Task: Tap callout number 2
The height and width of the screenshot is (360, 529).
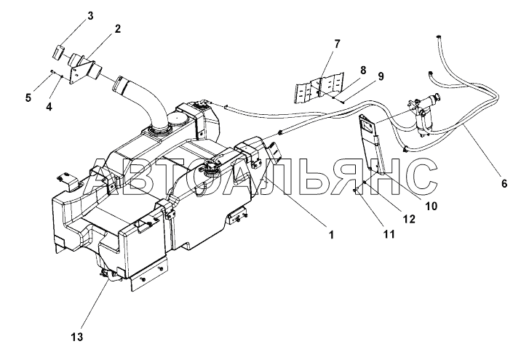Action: pyautogui.click(x=116, y=30)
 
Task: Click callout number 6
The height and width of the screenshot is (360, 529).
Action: pyautogui.click(x=504, y=184)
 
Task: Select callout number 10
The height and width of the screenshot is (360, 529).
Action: pyautogui.click(x=431, y=205)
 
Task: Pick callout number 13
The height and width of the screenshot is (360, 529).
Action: pyautogui.click(x=77, y=336)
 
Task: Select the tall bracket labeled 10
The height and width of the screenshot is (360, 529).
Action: pyautogui.click(x=373, y=145)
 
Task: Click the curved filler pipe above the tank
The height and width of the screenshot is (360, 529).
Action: pyautogui.click(x=143, y=102)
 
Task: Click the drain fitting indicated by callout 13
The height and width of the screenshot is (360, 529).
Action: pyautogui.click(x=108, y=273)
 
